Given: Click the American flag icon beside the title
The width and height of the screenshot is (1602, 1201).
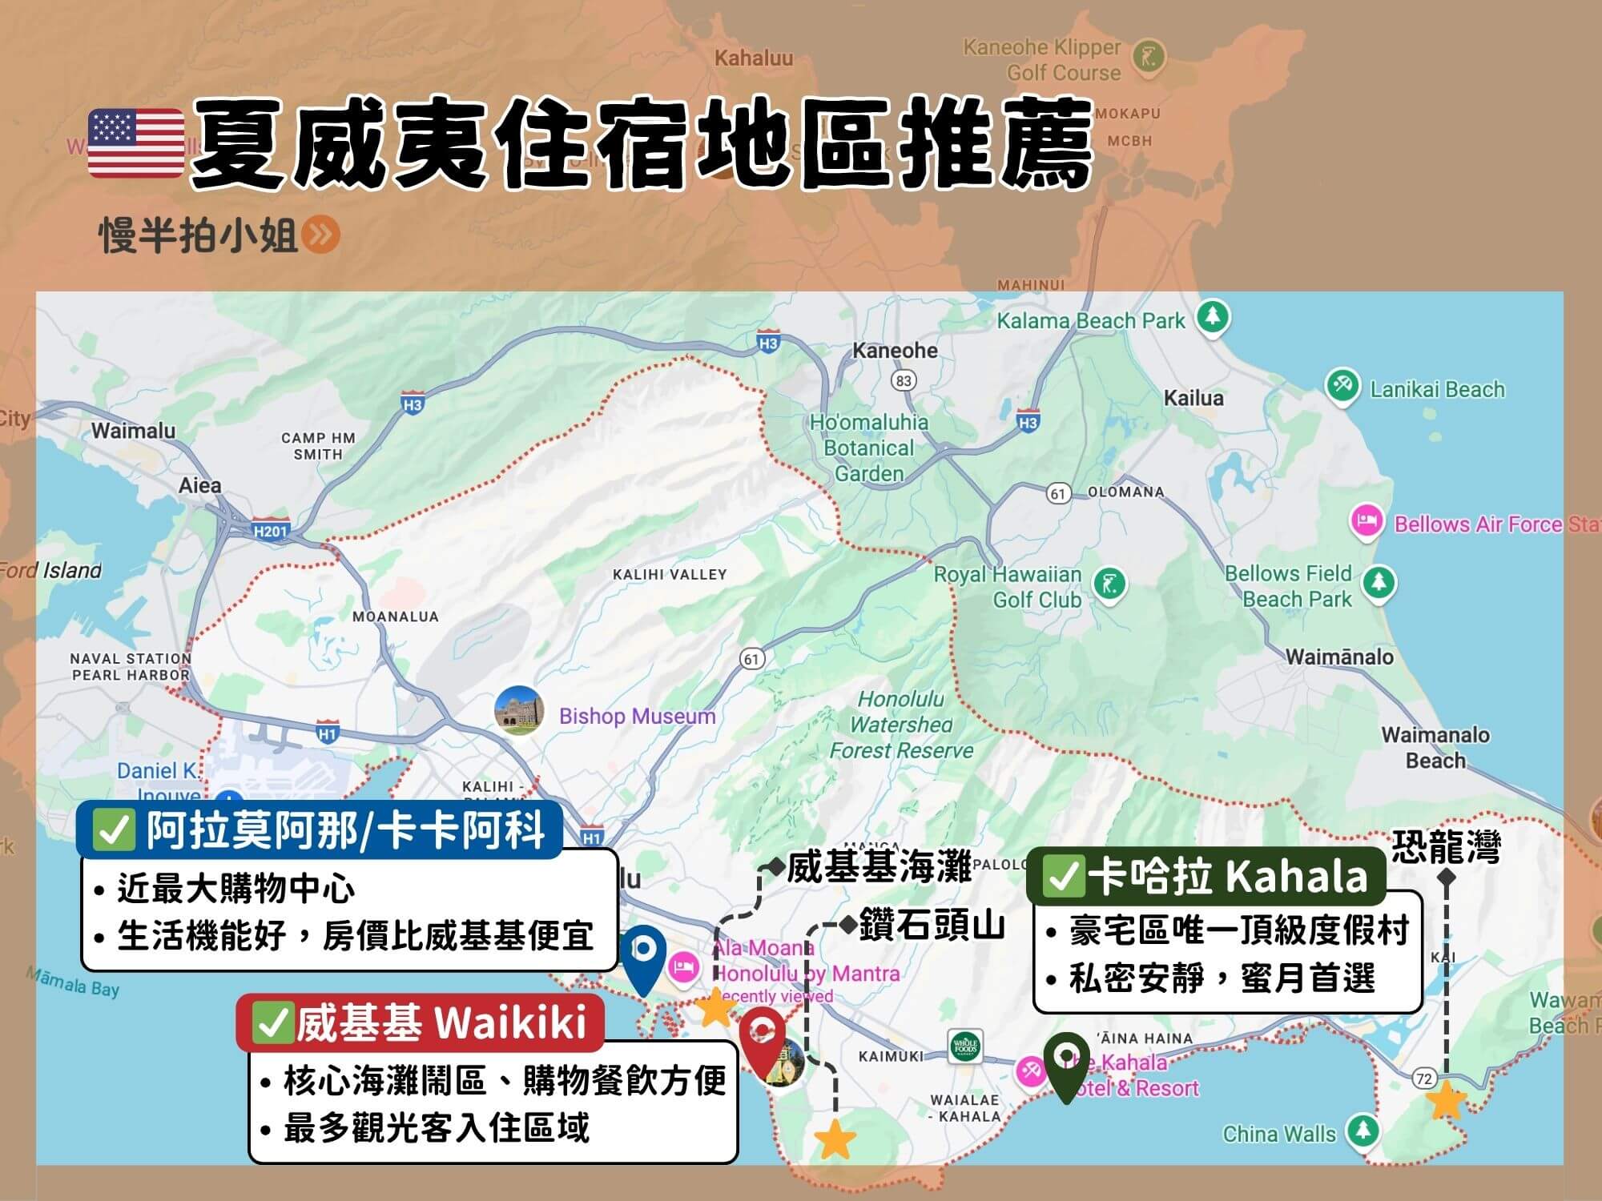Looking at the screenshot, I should coord(136,143).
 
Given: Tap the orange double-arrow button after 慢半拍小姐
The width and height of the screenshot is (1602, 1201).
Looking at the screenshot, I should coord(322,235).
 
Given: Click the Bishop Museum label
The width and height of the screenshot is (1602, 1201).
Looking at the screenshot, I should coord(637,716).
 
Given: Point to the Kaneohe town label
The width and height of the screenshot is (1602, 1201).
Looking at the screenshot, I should coord(895,351).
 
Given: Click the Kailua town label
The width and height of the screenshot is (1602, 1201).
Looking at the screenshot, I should coord(1193,398).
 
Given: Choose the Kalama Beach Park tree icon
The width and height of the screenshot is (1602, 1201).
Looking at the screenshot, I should coord(1213,318).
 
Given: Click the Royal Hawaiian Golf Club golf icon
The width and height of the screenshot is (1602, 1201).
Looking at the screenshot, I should coord(1109,584).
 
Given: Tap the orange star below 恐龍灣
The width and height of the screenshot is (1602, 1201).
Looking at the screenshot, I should coord(1447,1101).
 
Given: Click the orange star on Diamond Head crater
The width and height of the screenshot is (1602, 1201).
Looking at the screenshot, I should coord(835,1139).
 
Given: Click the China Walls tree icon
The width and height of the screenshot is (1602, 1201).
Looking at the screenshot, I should coord(1362,1131).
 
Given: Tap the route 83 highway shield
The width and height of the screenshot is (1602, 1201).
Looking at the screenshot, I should coord(904,380).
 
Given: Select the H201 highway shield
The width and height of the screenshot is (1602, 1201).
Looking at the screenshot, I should coord(270,531).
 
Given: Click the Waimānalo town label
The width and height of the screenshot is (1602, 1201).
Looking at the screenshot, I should coord(1339,657).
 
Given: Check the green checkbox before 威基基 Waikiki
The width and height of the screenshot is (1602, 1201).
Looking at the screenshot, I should coord(272,1024).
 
